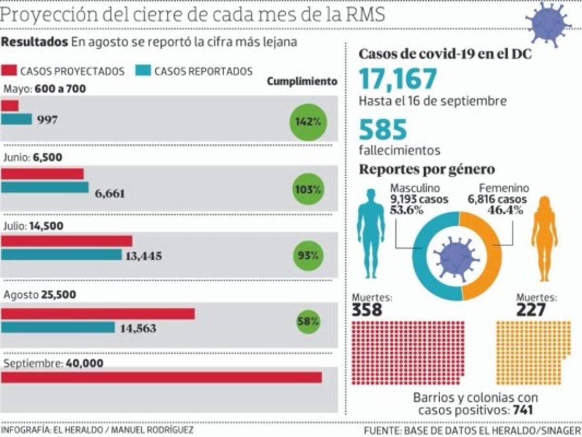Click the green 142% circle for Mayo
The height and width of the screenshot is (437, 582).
308,122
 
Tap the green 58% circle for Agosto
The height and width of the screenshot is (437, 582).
308,321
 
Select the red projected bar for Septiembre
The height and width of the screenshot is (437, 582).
161,377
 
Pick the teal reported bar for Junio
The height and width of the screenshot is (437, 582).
45,187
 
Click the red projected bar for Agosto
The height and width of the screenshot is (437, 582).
98,314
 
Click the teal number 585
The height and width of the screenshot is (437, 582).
383,130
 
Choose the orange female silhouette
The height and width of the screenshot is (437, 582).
545,238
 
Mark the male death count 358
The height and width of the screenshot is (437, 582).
367,310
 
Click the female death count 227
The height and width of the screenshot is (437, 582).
532,310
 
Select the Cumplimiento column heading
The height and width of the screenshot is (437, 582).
302,82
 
